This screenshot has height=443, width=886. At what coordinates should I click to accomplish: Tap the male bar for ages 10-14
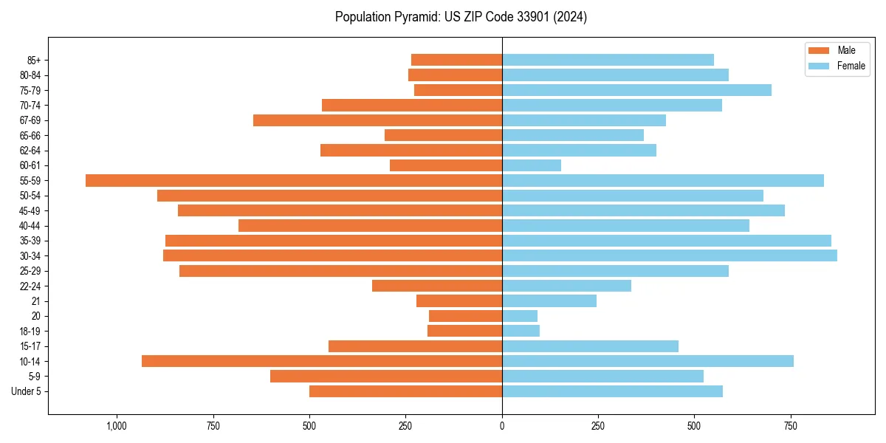click(322, 361)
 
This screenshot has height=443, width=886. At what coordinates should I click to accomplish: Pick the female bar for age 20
click(520, 316)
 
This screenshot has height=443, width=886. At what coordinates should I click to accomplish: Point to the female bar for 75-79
click(636, 90)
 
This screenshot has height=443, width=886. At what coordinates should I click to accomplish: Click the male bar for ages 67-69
click(377, 120)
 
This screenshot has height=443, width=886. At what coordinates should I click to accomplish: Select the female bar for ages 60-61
click(532, 165)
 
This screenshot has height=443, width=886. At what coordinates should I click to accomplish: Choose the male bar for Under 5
click(405, 391)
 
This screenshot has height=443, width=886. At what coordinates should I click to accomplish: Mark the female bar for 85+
click(608, 60)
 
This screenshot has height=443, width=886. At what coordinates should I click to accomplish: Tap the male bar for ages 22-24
click(437, 286)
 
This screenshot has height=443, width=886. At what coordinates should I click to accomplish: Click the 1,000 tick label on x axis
click(117, 426)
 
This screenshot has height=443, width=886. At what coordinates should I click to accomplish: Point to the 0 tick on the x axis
click(502, 426)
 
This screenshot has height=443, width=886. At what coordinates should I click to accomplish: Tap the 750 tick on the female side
click(790, 426)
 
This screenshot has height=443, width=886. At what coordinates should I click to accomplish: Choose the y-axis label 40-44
click(30, 226)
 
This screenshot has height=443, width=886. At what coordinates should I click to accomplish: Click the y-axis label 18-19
click(30, 332)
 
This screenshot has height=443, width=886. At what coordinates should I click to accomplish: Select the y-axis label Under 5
click(26, 391)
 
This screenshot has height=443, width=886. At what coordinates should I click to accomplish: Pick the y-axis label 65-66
click(30, 136)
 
